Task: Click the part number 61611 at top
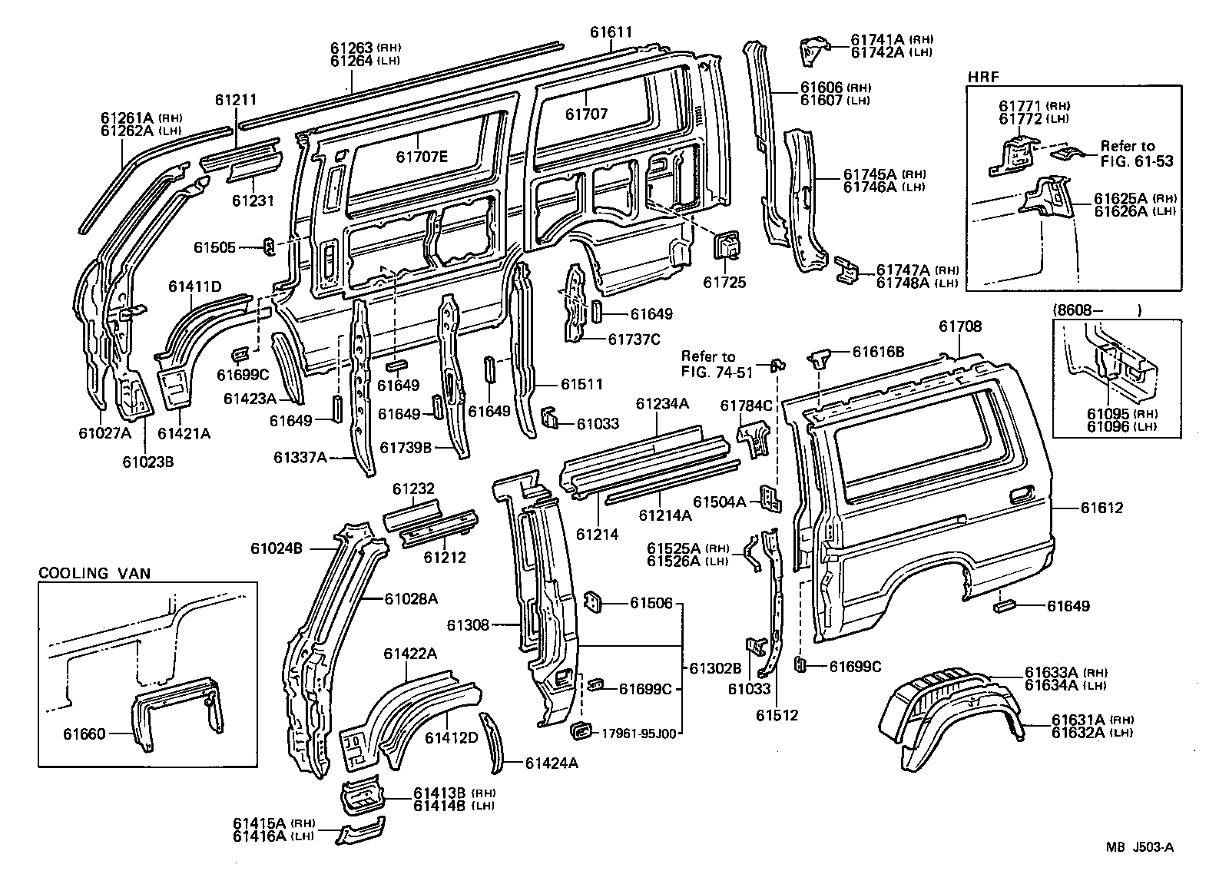611,32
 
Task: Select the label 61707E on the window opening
422,157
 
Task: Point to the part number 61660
84,734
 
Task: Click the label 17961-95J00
638,734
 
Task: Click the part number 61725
724,283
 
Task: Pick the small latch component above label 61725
727,247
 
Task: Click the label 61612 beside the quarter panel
1102,508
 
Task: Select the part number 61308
467,625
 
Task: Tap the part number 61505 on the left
215,247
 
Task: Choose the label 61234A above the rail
662,404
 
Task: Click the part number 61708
959,326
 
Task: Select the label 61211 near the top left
235,100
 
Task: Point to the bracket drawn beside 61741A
812,49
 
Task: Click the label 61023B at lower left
148,461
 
